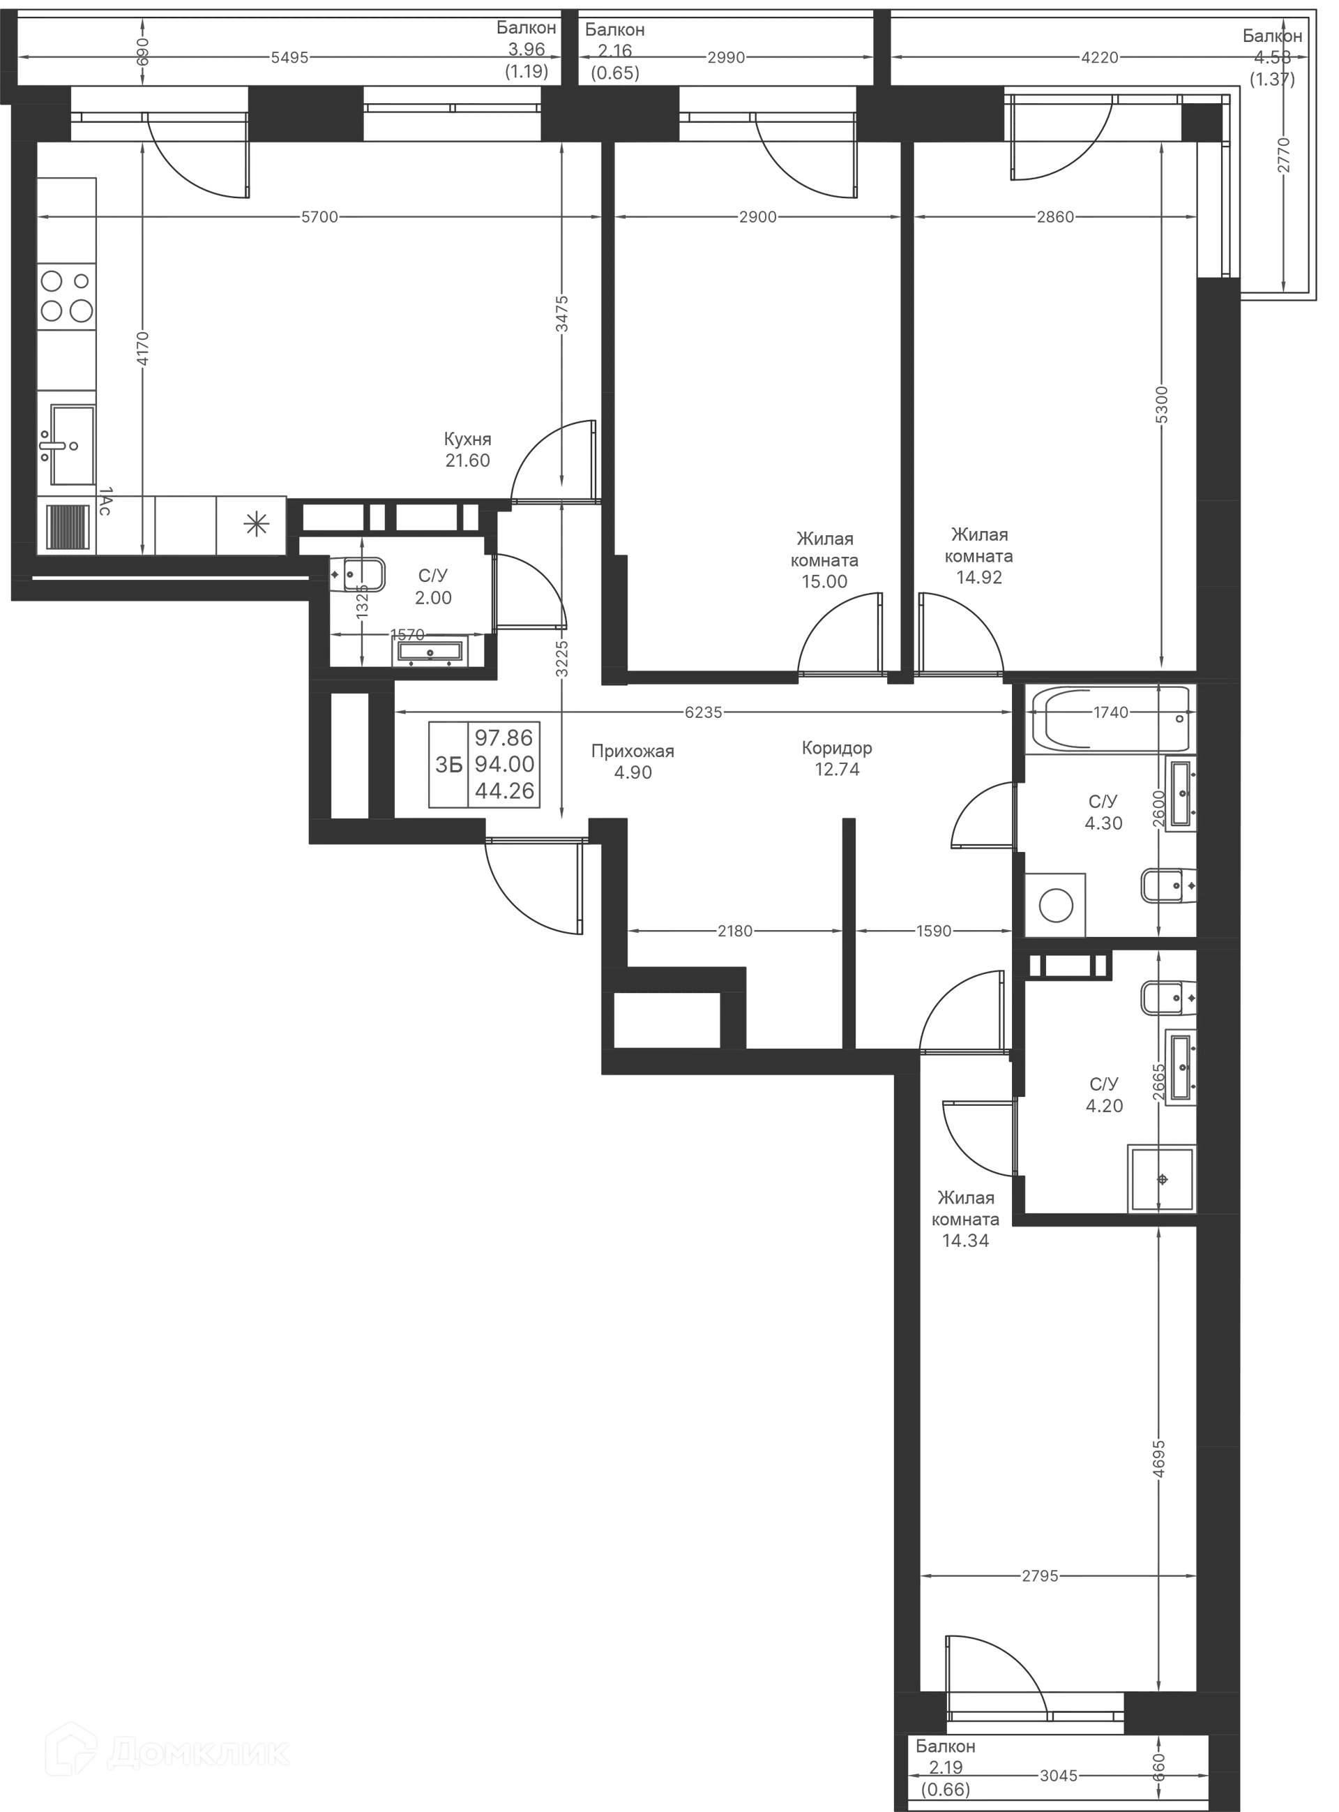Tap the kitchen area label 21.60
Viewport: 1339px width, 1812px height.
[467, 461]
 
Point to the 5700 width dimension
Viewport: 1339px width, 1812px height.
[319, 217]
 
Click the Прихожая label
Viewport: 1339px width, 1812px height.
[633, 751]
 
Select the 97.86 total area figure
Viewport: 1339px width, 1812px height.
[504, 737]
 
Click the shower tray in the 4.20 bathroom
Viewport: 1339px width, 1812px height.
[1161, 1177]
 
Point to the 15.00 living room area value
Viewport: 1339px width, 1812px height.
[824, 581]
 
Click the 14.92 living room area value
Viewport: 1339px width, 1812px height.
[979, 577]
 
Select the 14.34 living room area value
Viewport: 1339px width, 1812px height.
[965, 1241]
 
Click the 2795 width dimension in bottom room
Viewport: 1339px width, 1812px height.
[1040, 1577]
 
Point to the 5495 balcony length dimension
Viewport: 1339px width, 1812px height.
[289, 59]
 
